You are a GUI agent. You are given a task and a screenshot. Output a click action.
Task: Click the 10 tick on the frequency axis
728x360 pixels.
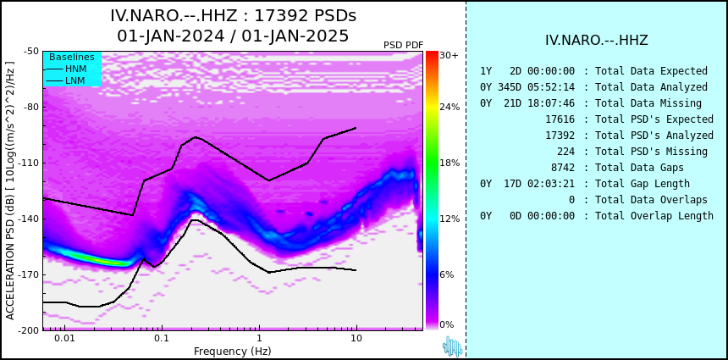tap(356, 339)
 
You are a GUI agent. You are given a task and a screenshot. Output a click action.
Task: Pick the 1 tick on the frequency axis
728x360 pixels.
tap(259, 339)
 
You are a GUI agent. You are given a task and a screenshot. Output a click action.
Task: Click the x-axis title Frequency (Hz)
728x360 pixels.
tap(233, 352)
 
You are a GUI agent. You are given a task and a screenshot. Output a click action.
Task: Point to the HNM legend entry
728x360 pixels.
tap(75, 69)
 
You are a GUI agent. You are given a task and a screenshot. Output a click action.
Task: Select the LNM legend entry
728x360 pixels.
tap(74, 80)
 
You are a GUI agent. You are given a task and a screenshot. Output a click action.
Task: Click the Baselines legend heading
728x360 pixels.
tap(72, 57)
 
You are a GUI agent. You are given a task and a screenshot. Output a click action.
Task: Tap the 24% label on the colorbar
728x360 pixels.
tap(449, 108)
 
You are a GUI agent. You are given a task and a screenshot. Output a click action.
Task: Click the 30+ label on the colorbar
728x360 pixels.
tap(449, 56)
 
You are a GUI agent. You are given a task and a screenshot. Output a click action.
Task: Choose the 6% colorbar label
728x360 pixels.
tap(447, 275)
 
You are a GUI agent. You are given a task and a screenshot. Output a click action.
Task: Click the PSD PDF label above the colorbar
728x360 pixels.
tap(403, 45)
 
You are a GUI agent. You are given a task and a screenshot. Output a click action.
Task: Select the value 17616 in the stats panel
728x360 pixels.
tap(560, 119)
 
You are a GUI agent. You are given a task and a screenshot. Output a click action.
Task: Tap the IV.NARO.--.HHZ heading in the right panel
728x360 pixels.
tap(597, 40)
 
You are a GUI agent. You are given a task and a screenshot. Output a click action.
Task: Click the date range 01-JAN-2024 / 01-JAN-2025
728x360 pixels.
tap(233, 36)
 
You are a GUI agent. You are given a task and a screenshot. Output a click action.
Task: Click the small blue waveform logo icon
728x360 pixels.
tap(452, 346)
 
